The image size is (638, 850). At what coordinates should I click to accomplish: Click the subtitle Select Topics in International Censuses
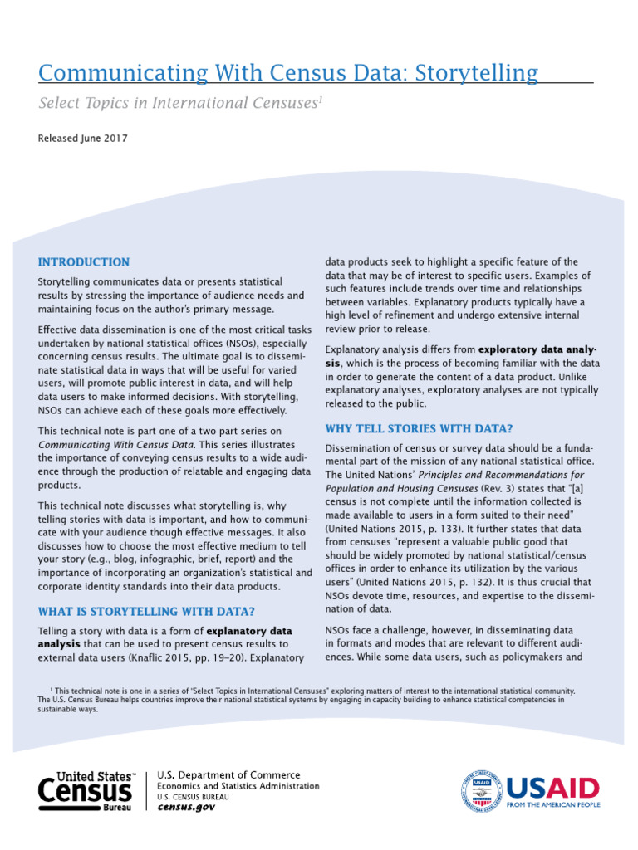pos(178,104)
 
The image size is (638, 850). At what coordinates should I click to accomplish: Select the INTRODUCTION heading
pos(84,262)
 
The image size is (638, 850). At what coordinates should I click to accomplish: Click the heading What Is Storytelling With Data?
pos(146,612)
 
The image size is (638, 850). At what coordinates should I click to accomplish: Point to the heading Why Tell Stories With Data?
pos(419,428)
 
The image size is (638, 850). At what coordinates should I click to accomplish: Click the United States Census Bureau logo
pos(86,791)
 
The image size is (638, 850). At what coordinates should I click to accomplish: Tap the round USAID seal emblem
pos(481,791)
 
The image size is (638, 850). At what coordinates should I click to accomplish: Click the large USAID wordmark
pos(552,787)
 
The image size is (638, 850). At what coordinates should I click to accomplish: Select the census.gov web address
pos(186,807)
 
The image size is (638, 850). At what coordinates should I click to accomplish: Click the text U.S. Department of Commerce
pos(218,775)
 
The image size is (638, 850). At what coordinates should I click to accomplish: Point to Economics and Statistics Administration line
pos(238,786)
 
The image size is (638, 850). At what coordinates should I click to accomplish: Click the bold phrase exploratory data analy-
pos(538,349)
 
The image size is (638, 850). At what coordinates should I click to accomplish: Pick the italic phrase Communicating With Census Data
pos(116,444)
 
